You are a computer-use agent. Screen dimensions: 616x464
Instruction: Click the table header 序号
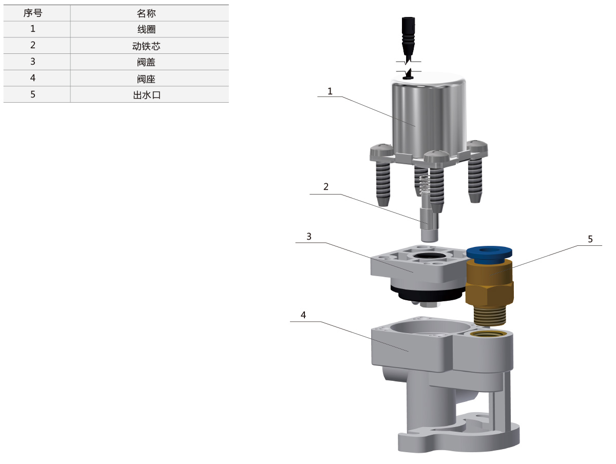(x=32, y=13)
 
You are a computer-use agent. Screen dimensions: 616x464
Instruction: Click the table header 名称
(x=146, y=13)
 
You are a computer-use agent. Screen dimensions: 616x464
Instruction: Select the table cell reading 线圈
(x=146, y=29)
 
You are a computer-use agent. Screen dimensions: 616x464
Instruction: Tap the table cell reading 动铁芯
(x=146, y=46)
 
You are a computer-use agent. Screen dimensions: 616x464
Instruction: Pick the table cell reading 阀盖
(x=146, y=62)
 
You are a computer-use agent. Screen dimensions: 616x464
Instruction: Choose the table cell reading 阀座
(x=146, y=79)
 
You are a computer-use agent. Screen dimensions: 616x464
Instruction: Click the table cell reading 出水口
(x=146, y=95)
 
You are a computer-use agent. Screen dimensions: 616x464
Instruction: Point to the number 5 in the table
(x=33, y=94)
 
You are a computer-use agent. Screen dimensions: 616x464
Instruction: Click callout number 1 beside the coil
(x=330, y=91)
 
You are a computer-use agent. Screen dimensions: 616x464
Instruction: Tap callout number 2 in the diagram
(x=326, y=186)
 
